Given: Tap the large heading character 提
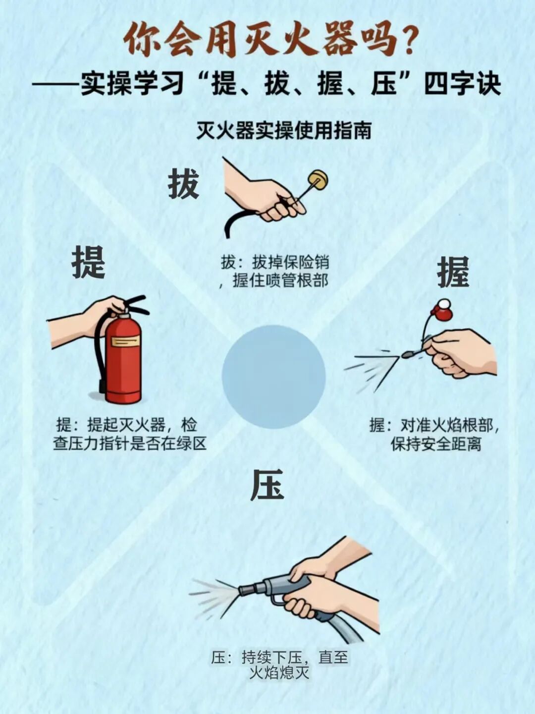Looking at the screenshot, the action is pyautogui.click(x=89, y=262).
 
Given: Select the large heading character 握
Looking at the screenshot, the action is pyautogui.click(x=453, y=272).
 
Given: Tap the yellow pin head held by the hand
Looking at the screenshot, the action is pyautogui.click(x=319, y=179).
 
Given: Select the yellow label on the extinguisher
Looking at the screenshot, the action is pyautogui.click(x=125, y=341).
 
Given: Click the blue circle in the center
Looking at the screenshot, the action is pyautogui.click(x=273, y=377).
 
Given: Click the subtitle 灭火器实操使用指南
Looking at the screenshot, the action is pyautogui.click(x=284, y=131).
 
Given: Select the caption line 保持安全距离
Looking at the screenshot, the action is pyautogui.click(x=436, y=444).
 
